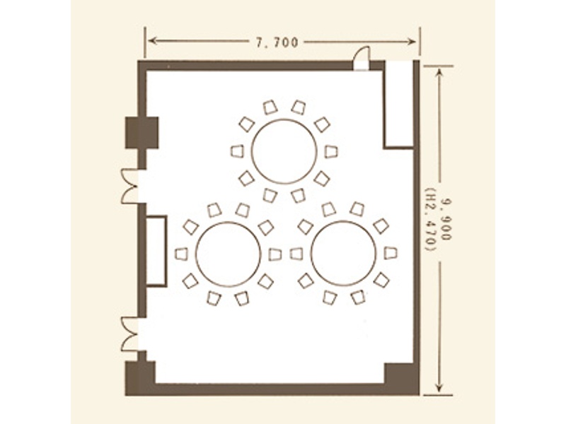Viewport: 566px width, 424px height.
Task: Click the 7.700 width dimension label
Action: [x=277, y=42]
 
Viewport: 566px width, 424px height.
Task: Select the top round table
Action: [x=284, y=151]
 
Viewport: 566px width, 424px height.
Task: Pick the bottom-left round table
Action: [x=228, y=254]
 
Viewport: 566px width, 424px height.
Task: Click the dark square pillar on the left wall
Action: [x=142, y=132]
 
